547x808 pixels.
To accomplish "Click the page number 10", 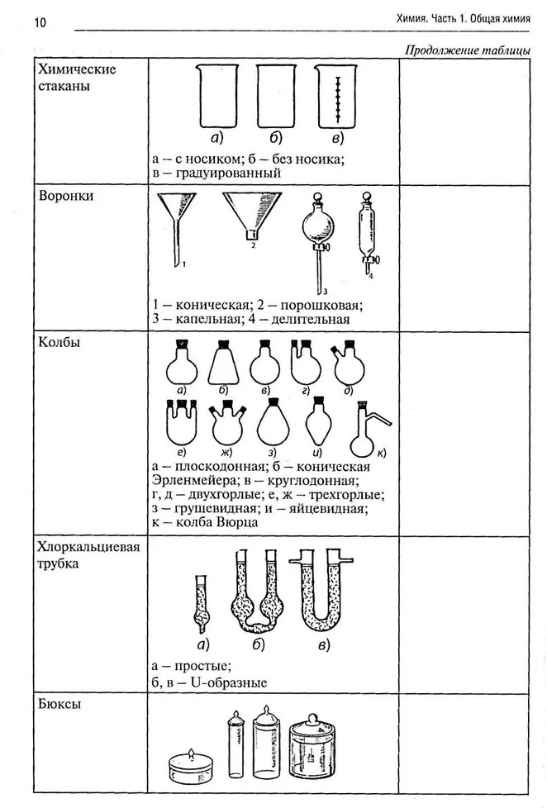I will tap(17, 21).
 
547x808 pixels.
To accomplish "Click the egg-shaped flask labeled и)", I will tap(318, 424).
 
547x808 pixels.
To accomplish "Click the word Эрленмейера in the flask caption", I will tap(193, 480).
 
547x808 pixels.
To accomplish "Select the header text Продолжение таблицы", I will tap(467, 50).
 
